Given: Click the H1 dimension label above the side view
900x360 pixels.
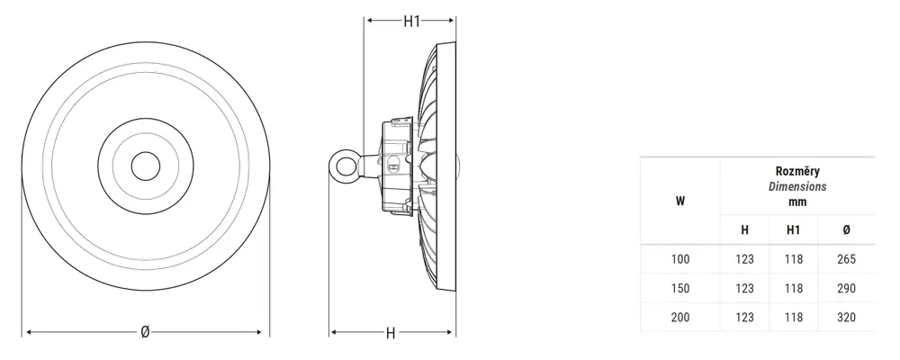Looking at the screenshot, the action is [x=411, y=22].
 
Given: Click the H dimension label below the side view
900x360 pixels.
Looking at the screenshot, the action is [x=391, y=333].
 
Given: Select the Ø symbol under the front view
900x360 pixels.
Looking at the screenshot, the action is [x=145, y=332].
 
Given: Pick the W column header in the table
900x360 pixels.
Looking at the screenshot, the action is [x=680, y=202].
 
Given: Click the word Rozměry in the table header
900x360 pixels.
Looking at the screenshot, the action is [x=797, y=171].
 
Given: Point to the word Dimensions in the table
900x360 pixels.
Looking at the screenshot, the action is [x=797, y=186].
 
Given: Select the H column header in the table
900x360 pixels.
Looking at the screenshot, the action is [x=744, y=230].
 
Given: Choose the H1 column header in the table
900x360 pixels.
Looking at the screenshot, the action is [x=793, y=230].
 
